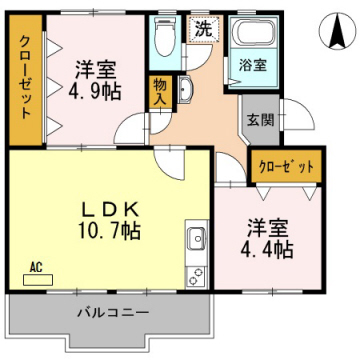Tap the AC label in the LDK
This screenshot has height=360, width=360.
(x=36, y=266)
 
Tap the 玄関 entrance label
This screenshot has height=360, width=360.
(x=258, y=119)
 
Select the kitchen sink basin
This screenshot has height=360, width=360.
(x=195, y=240)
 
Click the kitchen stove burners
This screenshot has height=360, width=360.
(x=196, y=271)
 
